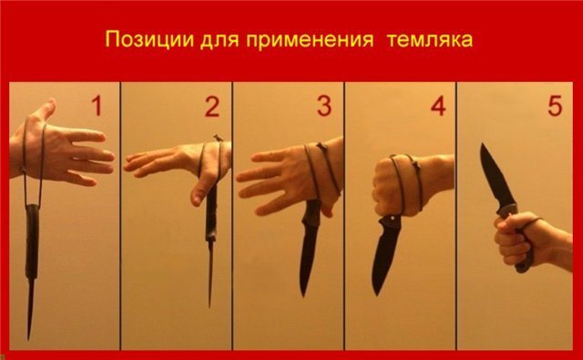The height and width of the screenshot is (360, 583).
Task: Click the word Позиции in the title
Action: tap(149, 40)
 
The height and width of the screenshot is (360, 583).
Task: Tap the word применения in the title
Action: tap(310, 40)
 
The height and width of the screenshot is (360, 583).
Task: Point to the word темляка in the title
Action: tap(430, 40)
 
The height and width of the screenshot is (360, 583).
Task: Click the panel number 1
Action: tap(97, 106)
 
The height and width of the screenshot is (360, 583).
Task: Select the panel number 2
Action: tap(212, 107)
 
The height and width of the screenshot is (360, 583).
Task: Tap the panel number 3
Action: tap(324, 106)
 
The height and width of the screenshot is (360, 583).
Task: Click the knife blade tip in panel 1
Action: tap(28, 339)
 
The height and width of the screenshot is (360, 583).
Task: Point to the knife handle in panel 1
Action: tap(32, 242)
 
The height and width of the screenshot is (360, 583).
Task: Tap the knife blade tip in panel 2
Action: tap(210, 307)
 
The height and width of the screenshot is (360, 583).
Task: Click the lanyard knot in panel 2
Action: tap(218, 139)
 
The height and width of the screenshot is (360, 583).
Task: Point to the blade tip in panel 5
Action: tap(482, 144)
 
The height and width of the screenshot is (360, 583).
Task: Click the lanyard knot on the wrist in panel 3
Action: tap(321, 146)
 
